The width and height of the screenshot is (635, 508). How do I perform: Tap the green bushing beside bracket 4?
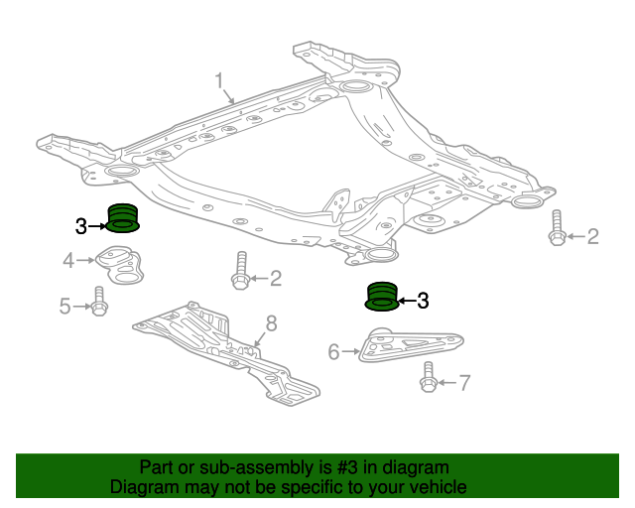click(x=122, y=217)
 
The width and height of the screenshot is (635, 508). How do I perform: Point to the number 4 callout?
click(x=68, y=261)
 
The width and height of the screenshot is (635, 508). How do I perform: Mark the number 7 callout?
click(x=464, y=382)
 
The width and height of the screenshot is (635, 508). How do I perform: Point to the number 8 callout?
click(x=270, y=323)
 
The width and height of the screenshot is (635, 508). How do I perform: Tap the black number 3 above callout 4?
click(x=80, y=227)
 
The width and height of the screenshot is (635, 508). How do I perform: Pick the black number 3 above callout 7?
click(x=423, y=300)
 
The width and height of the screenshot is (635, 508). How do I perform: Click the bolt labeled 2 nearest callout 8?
click(x=241, y=273)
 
